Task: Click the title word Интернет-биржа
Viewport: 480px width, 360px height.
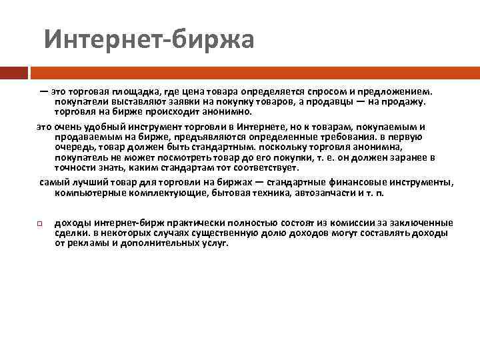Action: click(x=149, y=39)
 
